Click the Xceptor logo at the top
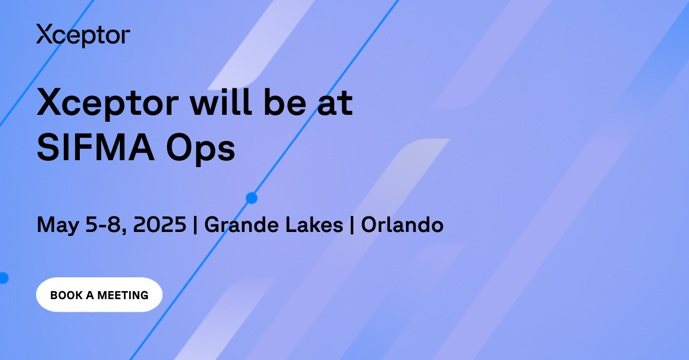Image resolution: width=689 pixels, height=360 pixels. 83,35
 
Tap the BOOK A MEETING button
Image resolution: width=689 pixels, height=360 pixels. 99,295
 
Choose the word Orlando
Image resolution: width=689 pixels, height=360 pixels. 402,224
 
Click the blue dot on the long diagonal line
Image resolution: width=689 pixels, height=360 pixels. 251,198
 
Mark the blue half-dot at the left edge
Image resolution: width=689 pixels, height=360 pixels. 3,278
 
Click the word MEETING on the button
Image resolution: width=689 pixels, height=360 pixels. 123,295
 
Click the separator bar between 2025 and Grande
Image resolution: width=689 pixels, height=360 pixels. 196,225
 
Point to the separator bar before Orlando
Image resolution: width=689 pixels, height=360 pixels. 352,225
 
